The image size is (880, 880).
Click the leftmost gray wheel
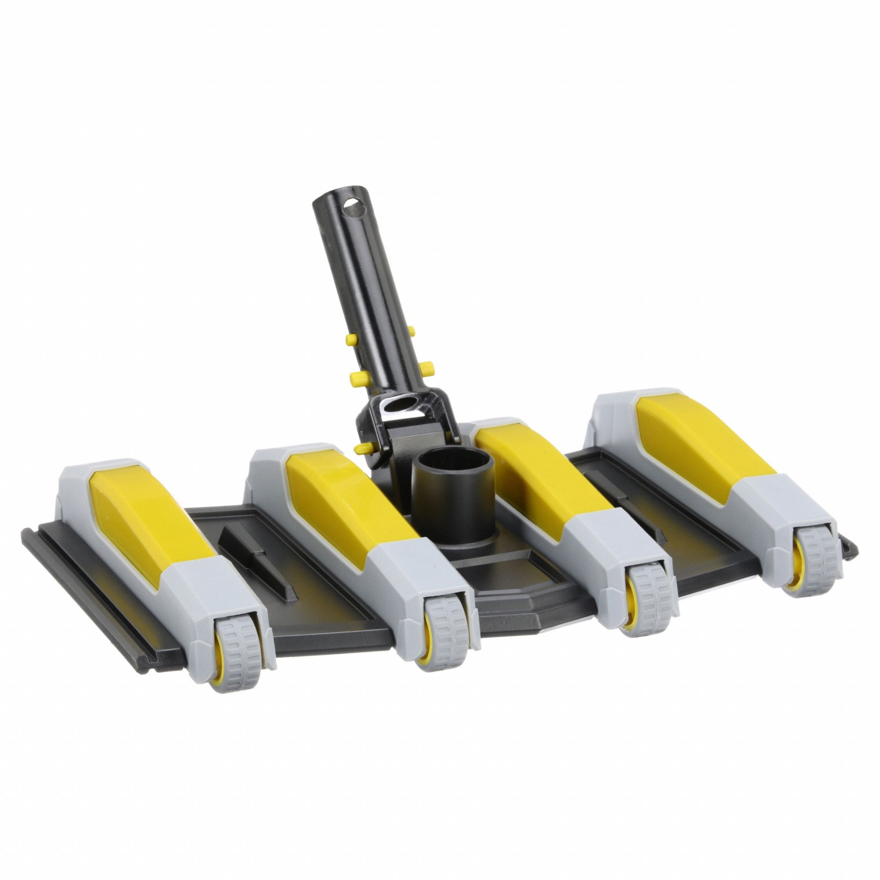tap(235, 642)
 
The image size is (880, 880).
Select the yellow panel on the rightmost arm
tap(701, 437)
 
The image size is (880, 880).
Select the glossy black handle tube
tap(360, 282)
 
